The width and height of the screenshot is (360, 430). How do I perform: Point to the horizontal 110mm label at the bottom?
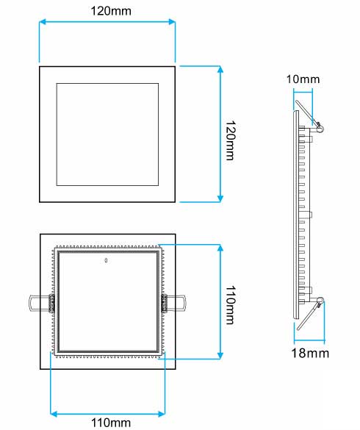click(x=107, y=422)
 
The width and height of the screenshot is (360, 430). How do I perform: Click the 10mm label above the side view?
click(x=303, y=79)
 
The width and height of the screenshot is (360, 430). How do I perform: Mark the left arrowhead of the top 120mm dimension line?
click(x=42, y=22)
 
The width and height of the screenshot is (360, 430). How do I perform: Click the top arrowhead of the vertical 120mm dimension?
click(x=220, y=68)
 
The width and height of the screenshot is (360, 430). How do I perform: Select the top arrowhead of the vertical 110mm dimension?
click(x=220, y=248)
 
